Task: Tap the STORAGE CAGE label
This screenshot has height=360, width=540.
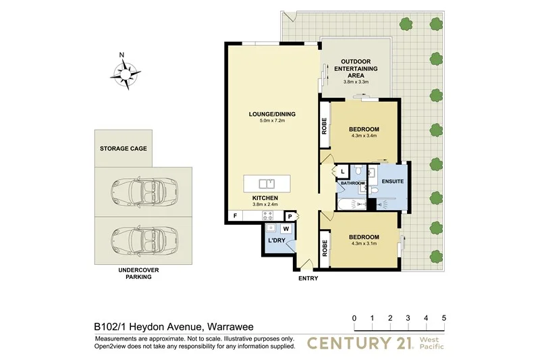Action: pyautogui.click(x=124, y=149)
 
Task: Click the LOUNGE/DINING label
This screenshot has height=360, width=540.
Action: pyautogui.click(x=273, y=113)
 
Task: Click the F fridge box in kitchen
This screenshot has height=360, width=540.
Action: pyautogui.click(x=234, y=216)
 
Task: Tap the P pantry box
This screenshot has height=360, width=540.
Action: pyautogui.click(x=290, y=216)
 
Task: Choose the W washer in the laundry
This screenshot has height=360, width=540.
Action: pyautogui.click(x=275, y=228)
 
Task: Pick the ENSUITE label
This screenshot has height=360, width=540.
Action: pyautogui.click(x=393, y=182)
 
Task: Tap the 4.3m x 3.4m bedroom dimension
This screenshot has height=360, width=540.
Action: pyautogui.click(x=364, y=136)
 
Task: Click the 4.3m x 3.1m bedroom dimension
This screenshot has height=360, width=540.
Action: pyautogui.click(x=364, y=245)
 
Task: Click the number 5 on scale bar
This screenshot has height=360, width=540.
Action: pyautogui.click(x=443, y=317)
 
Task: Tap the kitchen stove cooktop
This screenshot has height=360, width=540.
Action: pyautogui.click(x=268, y=216)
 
